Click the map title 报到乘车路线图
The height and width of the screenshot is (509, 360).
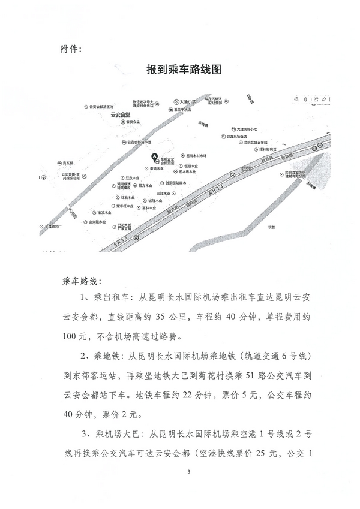184,70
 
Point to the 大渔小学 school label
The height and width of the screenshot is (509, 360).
181,102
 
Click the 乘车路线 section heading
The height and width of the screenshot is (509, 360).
82,280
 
